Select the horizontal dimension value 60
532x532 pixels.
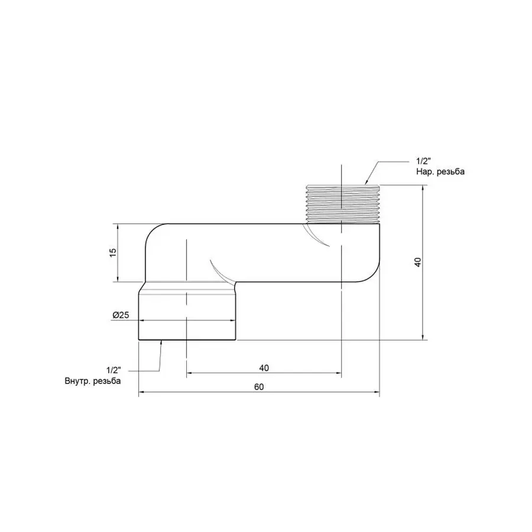point(258,387)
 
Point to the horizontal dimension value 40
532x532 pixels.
point(264,368)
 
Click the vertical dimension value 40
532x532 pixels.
point(417,262)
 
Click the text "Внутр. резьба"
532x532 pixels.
point(93,381)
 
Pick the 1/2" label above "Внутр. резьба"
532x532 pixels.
point(115,371)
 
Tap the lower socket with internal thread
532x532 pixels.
point(187,313)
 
